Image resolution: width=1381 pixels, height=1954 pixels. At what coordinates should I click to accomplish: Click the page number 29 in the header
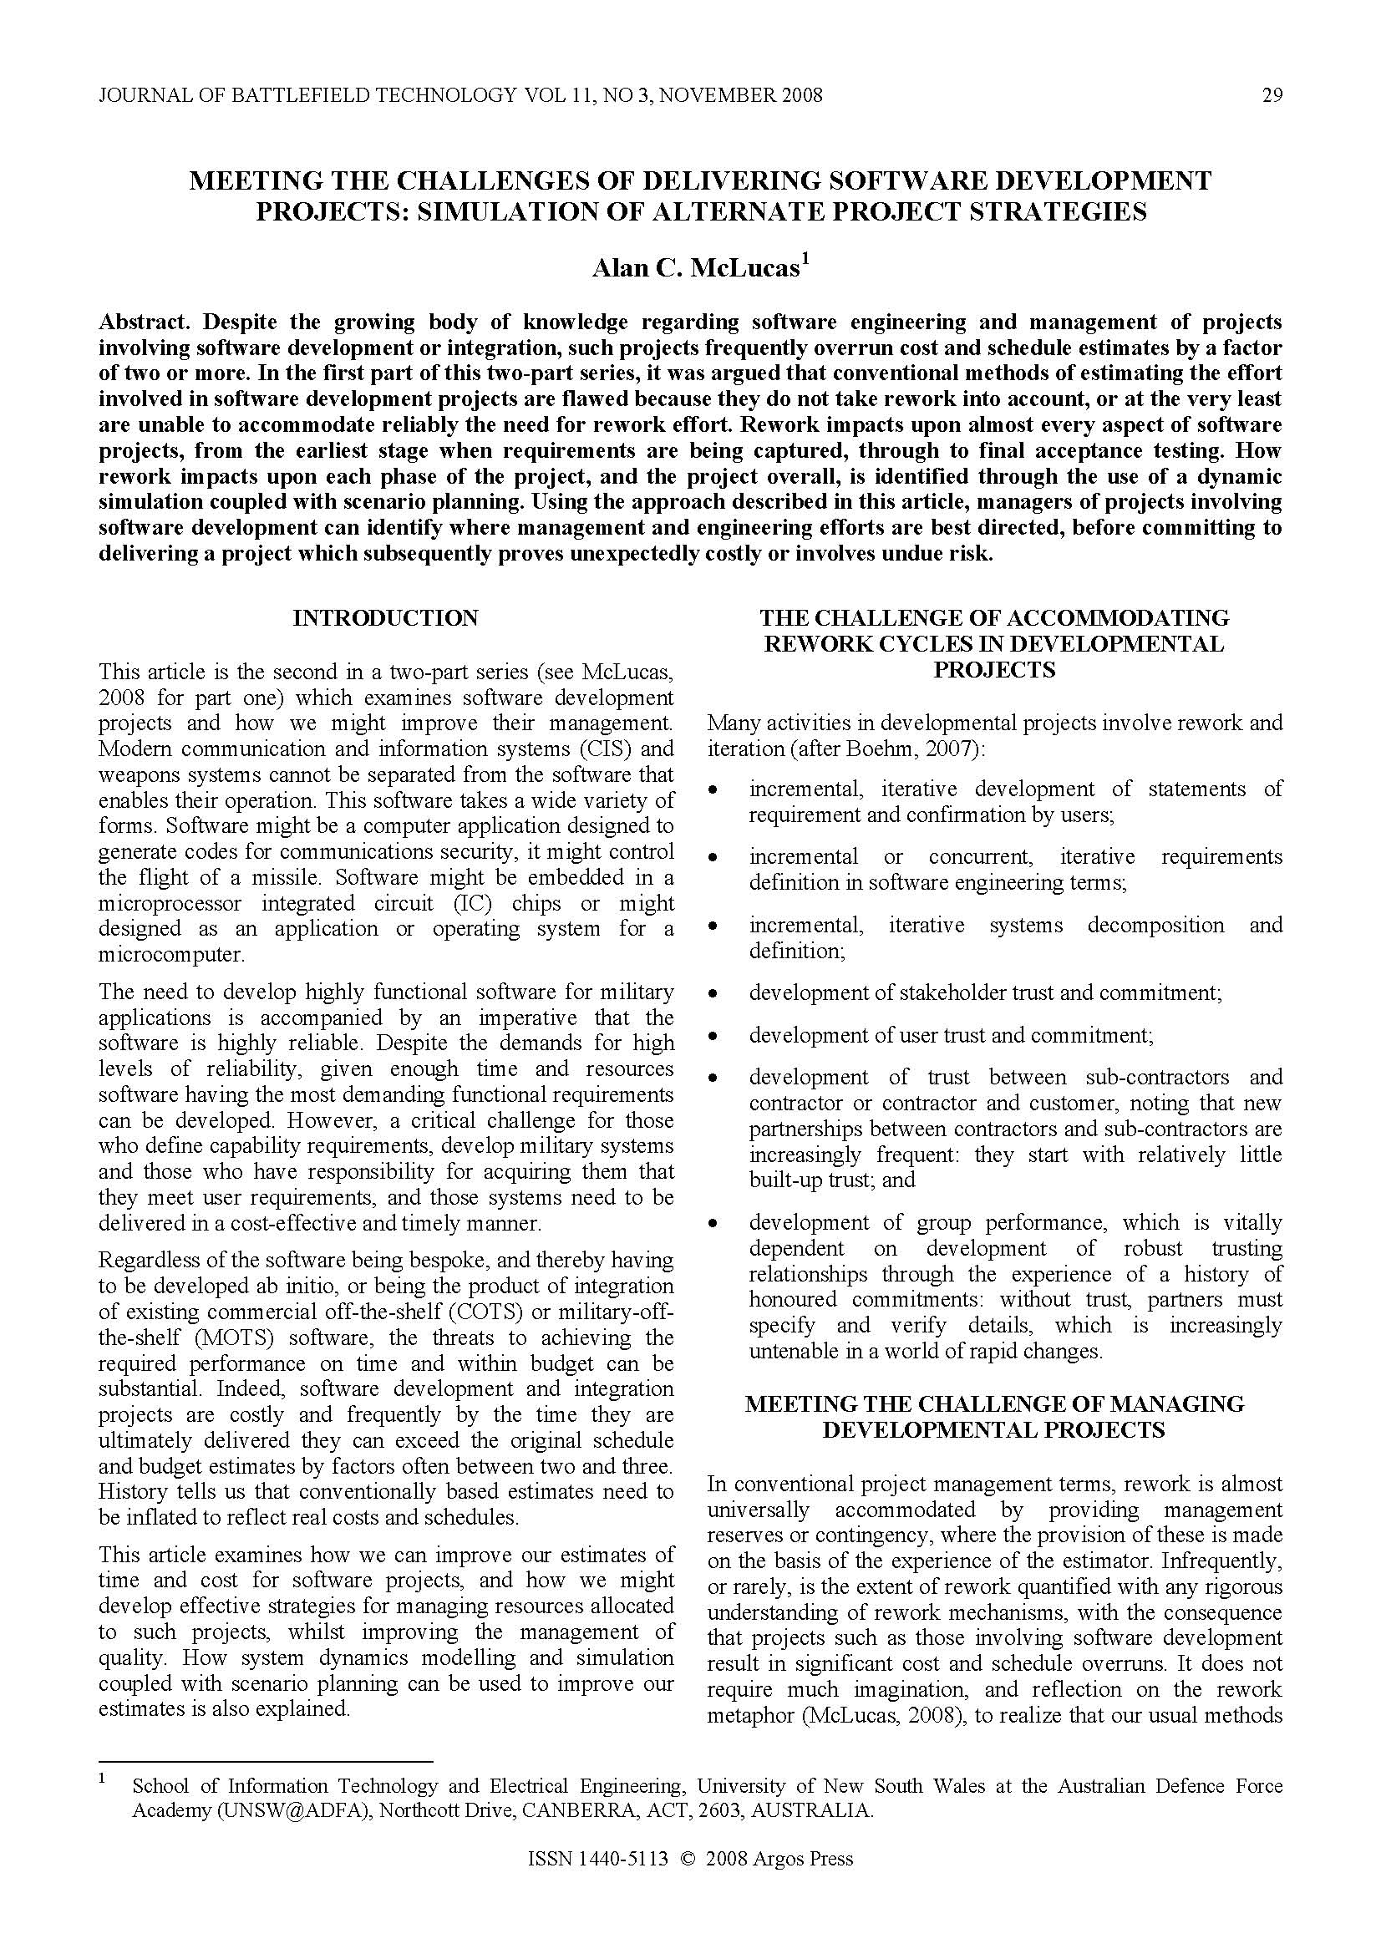point(1272,95)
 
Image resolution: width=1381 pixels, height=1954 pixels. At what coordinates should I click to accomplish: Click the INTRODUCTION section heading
point(385,618)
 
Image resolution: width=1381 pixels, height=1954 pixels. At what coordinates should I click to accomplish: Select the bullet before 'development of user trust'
point(714,1037)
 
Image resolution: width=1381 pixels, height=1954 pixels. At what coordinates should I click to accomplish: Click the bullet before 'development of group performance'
point(714,1224)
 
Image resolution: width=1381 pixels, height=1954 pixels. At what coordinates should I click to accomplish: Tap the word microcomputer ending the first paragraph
point(171,954)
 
